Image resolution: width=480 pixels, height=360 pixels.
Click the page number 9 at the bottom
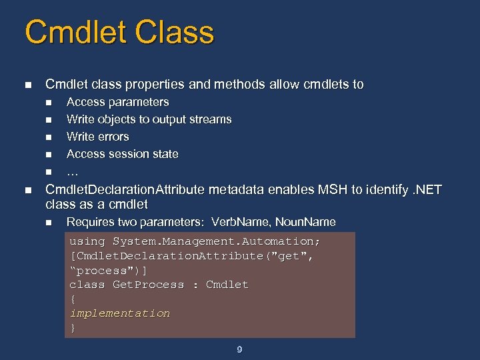(239, 349)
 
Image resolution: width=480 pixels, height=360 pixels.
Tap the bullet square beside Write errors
(48, 137)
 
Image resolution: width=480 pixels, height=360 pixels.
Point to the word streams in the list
(211, 119)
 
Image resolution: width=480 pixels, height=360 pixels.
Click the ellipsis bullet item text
(73, 171)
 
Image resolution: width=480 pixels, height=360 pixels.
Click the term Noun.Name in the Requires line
(305, 222)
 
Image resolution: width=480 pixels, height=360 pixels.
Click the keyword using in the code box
(87, 241)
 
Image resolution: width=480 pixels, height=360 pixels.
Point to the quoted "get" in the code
(293, 256)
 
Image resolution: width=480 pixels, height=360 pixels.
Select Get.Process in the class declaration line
(148, 285)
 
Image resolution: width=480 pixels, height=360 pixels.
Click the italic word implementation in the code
(120, 313)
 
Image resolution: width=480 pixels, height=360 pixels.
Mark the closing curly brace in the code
(73, 327)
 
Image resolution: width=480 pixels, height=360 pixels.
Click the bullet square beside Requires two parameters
(48, 223)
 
